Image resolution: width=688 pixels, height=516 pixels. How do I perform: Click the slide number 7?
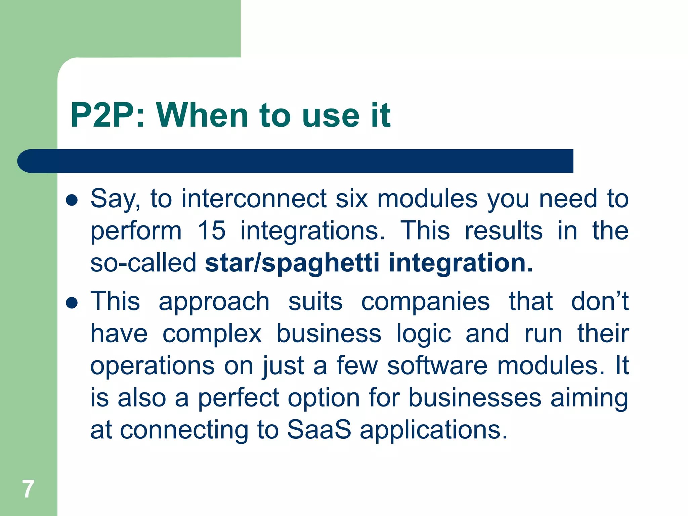28,489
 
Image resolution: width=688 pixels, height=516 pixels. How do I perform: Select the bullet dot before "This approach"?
72,303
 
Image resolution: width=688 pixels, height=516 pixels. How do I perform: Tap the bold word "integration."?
461,263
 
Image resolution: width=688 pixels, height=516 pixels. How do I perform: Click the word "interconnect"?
254,199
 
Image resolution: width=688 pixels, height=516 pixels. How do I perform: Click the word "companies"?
425,301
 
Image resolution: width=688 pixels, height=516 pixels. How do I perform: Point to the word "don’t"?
600,301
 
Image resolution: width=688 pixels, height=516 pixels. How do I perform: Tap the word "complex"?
212,334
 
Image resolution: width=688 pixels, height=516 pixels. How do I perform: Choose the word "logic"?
424,334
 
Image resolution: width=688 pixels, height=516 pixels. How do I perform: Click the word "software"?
437,365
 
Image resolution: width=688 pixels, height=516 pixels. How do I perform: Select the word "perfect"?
239,398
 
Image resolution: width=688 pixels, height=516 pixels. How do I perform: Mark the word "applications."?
433,430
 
